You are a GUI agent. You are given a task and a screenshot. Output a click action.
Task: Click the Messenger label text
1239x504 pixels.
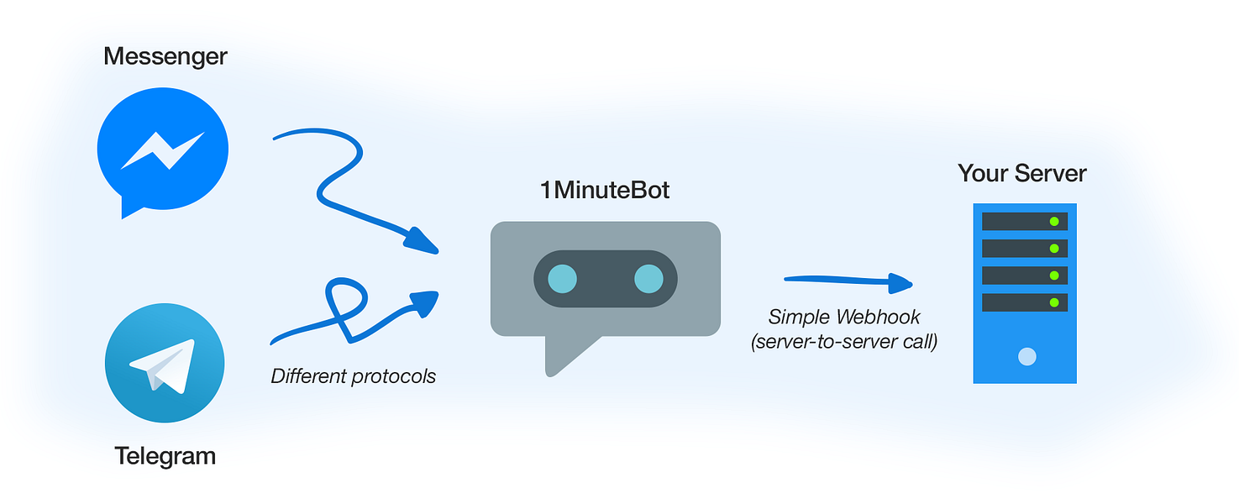[165, 56]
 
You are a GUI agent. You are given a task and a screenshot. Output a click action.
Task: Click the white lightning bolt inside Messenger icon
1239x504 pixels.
[162, 149]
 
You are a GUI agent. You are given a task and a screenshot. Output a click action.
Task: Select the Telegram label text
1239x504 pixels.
[165, 456]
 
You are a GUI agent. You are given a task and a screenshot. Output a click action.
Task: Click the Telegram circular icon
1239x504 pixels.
[165, 364]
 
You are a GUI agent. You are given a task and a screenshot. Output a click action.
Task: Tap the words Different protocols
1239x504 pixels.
[353, 375]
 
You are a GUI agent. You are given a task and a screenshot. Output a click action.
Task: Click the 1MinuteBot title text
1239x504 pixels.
[605, 190]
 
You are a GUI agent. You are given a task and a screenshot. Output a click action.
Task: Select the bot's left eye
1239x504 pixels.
[562, 279]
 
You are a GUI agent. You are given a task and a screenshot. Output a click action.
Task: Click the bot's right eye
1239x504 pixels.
[648, 279]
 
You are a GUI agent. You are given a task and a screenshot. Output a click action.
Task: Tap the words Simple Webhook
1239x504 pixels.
[844, 317]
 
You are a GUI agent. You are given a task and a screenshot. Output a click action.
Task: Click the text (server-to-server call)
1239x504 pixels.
[844, 342]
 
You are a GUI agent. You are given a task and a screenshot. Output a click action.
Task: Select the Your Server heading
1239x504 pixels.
[1022, 174]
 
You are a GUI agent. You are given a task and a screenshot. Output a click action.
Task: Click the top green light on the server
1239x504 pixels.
[1053, 222]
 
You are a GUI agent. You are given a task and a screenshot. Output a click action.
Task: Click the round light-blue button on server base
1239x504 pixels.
[1026, 357]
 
